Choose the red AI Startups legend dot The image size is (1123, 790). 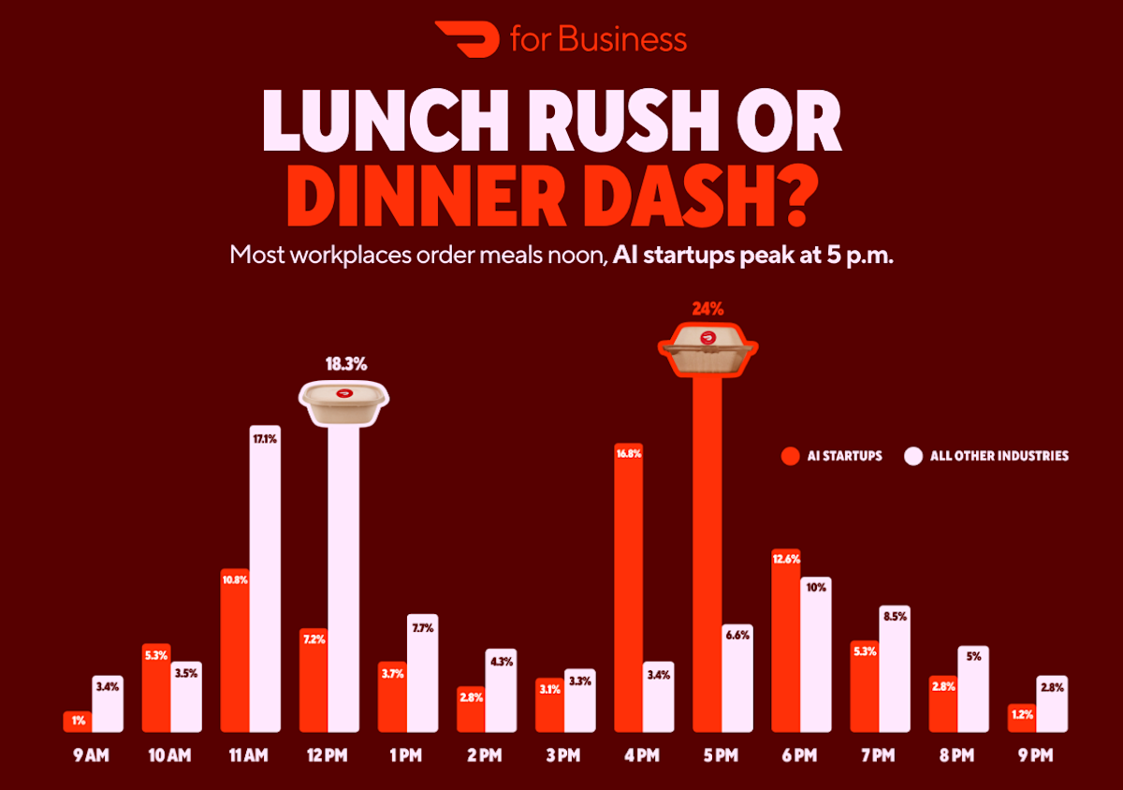pos(790,457)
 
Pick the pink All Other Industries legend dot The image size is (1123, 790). pos(913,457)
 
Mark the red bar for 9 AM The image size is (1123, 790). pos(78,721)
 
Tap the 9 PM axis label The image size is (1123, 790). pos(1037,754)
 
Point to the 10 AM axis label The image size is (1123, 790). pos(170,754)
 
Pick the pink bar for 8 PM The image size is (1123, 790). pos(973,688)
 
